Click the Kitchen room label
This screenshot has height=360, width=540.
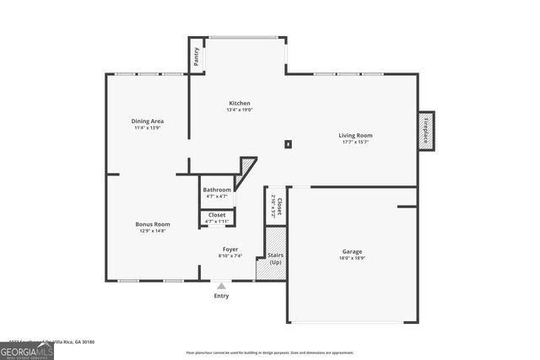(239, 104)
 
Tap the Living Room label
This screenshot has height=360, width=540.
(355, 136)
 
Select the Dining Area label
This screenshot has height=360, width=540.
(147, 121)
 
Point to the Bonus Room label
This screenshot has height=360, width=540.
(153, 224)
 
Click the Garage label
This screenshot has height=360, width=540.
(352, 251)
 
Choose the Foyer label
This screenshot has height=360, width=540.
(229, 249)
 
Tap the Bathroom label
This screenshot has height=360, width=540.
(217, 190)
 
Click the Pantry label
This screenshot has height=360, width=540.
(197, 56)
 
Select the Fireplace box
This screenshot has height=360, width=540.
(426, 132)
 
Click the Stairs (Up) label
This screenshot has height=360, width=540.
(275, 258)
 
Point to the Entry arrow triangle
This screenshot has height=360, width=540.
(221, 287)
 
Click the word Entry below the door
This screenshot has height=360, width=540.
(221, 296)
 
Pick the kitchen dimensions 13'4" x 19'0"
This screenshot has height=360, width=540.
(239, 110)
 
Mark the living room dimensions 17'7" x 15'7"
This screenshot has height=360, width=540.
(355, 142)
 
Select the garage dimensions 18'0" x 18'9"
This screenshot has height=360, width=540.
(352, 258)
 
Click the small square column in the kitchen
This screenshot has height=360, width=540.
(288, 144)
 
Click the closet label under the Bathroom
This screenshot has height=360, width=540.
(217, 216)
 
